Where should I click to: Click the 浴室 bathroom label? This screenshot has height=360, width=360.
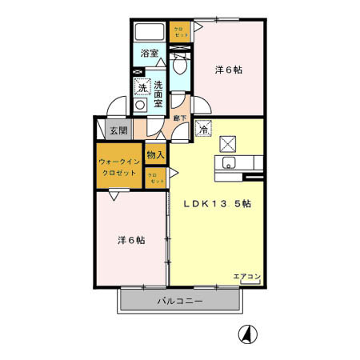(x=149, y=54)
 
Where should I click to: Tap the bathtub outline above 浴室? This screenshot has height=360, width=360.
(x=150, y=33)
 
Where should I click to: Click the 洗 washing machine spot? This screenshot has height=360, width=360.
(x=142, y=88)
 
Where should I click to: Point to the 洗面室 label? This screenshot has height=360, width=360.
(x=158, y=94)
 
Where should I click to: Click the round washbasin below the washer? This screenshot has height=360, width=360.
(x=141, y=105)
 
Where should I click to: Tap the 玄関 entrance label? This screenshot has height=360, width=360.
(x=118, y=130)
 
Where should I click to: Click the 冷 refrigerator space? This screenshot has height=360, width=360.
(x=203, y=129)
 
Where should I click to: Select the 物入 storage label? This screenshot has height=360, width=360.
(x=156, y=155)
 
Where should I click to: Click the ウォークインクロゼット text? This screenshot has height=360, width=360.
(x=120, y=166)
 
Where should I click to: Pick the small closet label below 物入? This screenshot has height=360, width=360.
(x=156, y=178)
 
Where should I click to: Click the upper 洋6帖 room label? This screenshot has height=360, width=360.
(x=228, y=70)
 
